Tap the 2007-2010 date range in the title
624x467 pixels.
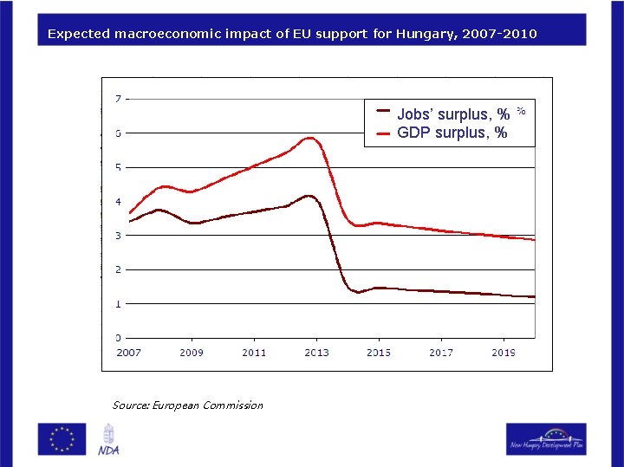pyautogui.click(x=500, y=34)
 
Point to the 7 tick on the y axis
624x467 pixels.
pyautogui.click(x=118, y=99)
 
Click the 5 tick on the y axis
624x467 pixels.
pyautogui.click(x=118, y=167)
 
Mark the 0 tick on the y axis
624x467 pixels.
pyautogui.click(x=118, y=338)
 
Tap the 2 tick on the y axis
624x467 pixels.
pyautogui.click(x=118, y=269)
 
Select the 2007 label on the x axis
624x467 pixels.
pyautogui.click(x=129, y=353)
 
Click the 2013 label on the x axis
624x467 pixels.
pyautogui.click(x=316, y=353)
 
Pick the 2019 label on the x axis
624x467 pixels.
pyautogui.click(x=504, y=353)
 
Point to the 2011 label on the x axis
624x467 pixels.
pyautogui.click(x=254, y=353)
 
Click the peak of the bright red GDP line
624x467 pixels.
pyautogui.click(x=309, y=138)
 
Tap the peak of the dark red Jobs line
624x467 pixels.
pyautogui.click(x=308, y=196)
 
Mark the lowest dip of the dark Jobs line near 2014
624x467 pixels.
pyautogui.click(x=357, y=292)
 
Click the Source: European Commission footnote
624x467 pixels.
pyautogui.click(x=187, y=405)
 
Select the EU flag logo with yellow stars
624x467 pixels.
pyautogui.click(x=62, y=438)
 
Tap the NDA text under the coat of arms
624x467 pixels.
pyautogui.click(x=108, y=450)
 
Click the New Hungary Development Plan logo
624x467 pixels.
pyautogui.click(x=546, y=438)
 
